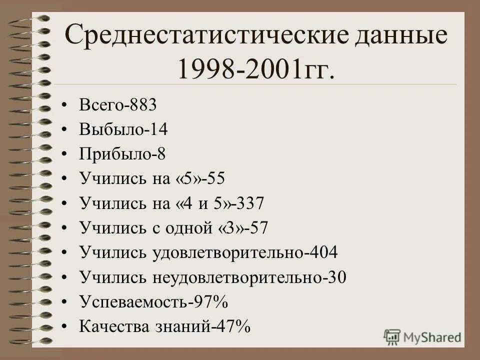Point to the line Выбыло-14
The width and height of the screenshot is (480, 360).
tap(123, 130)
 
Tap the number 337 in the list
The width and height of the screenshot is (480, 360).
tap(250, 203)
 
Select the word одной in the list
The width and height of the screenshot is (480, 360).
tap(191, 227)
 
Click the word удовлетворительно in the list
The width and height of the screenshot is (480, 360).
tap(227, 252)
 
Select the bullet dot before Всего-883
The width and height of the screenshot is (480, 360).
tap(64, 106)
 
